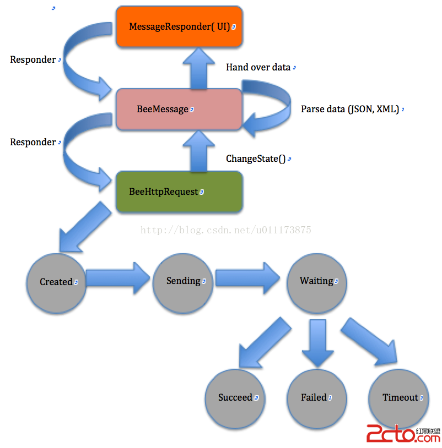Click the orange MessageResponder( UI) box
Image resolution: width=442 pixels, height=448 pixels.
pos(179,26)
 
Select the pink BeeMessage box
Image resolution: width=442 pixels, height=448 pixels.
pos(179,109)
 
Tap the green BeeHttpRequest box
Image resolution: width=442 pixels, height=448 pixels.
pos(179,192)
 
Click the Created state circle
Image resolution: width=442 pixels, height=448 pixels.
pos(56,282)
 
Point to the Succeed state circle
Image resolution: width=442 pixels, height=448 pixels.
pos(235,397)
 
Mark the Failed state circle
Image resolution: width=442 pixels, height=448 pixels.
pos(316,397)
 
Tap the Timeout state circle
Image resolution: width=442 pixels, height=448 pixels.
pos(399,397)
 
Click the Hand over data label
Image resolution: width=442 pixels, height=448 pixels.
pos(258,67)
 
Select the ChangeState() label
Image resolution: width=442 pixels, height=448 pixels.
pos(256,159)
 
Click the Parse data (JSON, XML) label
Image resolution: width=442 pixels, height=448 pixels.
pos(350,109)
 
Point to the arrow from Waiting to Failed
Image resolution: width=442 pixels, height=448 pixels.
pos(318,345)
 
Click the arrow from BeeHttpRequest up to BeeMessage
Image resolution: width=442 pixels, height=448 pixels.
pos(198,150)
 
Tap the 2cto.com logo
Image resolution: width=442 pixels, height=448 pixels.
pos(402,435)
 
